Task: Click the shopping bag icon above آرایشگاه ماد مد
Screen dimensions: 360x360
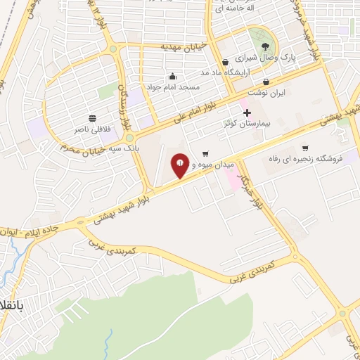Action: (x=225, y=62)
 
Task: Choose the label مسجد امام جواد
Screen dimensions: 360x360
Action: (x=173, y=87)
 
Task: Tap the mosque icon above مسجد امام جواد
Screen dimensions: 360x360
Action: (x=173, y=76)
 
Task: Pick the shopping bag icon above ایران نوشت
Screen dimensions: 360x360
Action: (x=266, y=82)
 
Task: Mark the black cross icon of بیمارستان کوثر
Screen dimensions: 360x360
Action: (x=246, y=112)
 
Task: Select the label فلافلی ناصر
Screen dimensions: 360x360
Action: (x=93, y=129)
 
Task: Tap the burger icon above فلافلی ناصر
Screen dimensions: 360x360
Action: (x=93, y=118)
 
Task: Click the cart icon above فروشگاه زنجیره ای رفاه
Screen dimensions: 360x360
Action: (x=305, y=148)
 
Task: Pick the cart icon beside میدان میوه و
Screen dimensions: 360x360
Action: (x=205, y=154)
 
